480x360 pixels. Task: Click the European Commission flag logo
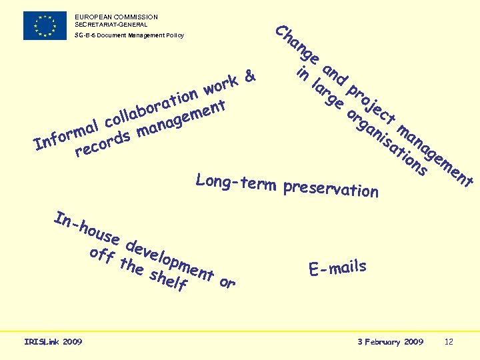pos(45,25)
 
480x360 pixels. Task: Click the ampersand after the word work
pos(249,77)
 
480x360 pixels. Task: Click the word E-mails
pos(337,268)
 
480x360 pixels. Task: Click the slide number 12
pos(449,342)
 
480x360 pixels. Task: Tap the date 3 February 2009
pos(390,342)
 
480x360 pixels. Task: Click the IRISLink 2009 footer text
pos(53,342)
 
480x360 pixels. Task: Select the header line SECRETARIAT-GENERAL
pos(111,24)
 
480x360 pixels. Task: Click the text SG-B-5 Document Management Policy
pos(129,35)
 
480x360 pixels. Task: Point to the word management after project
pos(435,155)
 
